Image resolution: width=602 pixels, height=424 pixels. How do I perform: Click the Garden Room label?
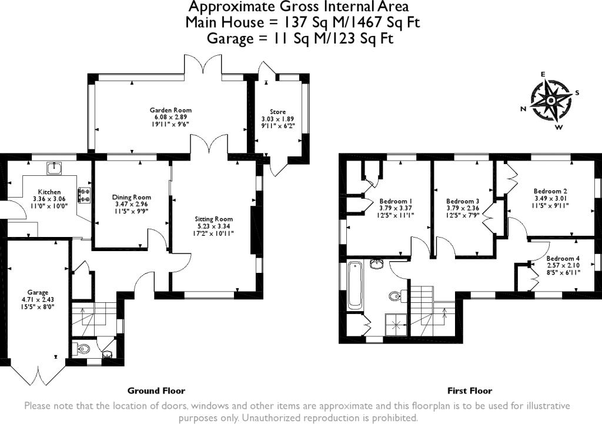[x=170, y=110]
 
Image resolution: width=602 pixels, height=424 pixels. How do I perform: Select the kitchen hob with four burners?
[x=85, y=195]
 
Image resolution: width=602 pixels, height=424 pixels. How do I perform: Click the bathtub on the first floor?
[x=354, y=285]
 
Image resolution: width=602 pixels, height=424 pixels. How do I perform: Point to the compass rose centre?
[x=550, y=101]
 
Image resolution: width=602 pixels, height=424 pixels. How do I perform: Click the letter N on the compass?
[x=523, y=109]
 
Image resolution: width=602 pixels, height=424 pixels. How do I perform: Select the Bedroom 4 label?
[x=563, y=259]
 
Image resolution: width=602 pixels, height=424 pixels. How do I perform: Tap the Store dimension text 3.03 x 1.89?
[x=277, y=119]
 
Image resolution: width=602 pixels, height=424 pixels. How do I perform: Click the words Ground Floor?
[x=156, y=391]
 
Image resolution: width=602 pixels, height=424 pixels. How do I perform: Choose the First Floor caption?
[x=470, y=391]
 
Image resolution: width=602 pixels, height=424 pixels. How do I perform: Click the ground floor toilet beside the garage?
[x=81, y=349]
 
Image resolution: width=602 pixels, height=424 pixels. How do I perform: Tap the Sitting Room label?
[x=213, y=219]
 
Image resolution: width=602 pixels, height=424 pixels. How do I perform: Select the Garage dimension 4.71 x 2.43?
[x=38, y=299]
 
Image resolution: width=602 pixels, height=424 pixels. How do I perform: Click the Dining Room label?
[x=131, y=198]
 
